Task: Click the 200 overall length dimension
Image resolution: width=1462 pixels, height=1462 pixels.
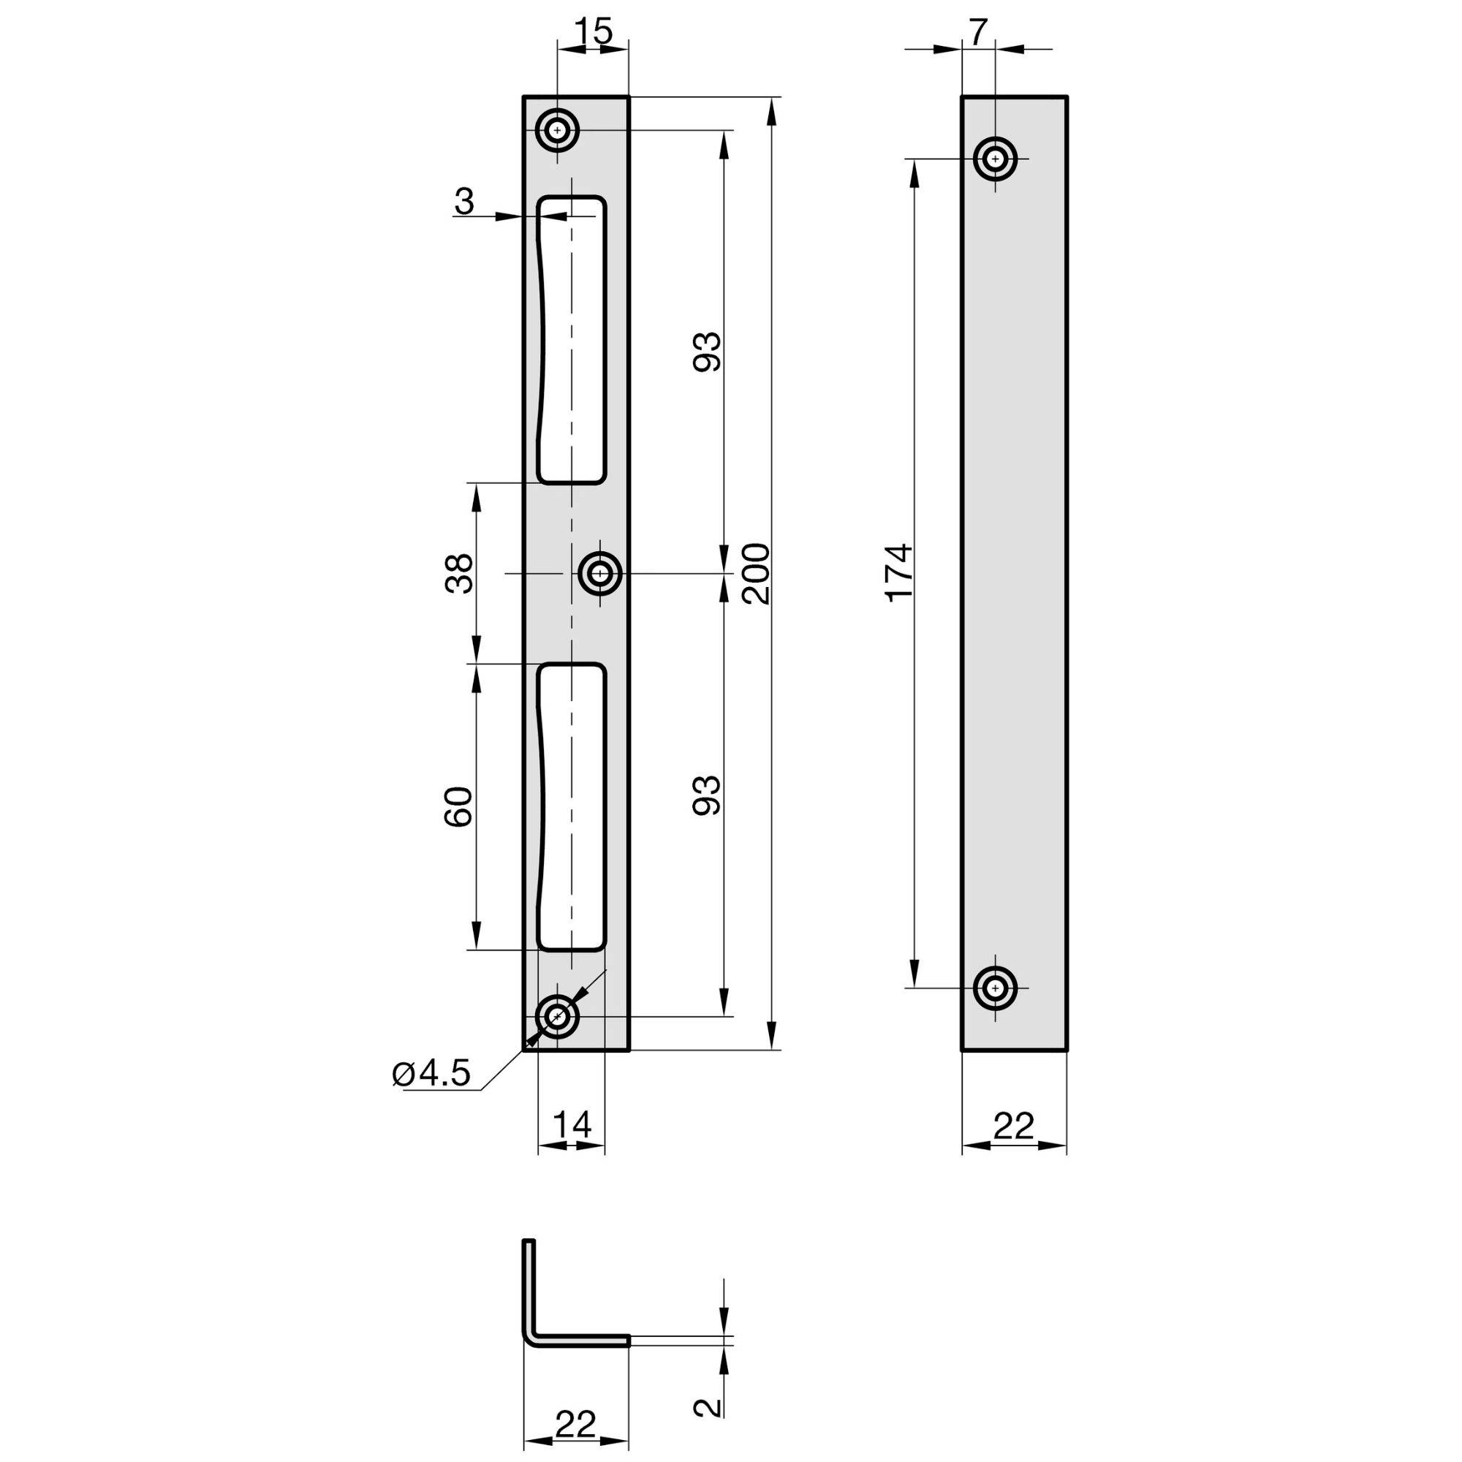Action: [x=756, y=573]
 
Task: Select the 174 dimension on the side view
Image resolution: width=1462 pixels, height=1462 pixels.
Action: [x=901, y=573]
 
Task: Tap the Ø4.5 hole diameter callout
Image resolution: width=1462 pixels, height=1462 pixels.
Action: [x=432, y=1073]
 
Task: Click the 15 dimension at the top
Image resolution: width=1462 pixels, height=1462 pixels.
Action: [x=593, y=31]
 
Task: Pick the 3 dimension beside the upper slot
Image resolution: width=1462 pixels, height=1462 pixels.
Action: [x=465, y=202]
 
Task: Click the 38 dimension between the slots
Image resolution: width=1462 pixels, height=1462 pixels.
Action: [x=459, y=573]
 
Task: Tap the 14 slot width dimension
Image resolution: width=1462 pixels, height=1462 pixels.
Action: [x=572, y=1125]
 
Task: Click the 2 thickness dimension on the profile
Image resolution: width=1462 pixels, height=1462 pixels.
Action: [x=707, y=1405]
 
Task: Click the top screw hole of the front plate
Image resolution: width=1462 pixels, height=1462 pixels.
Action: [x=558, y=131]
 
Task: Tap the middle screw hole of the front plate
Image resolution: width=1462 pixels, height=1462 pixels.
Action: [x=600, y=575]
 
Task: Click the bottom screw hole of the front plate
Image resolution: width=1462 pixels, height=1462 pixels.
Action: [x=558, y=1018]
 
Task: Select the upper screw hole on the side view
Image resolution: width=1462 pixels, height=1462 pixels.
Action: [x=995, y=159]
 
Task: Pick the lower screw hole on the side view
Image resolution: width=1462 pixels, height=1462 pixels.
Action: [x=995, y=988]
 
